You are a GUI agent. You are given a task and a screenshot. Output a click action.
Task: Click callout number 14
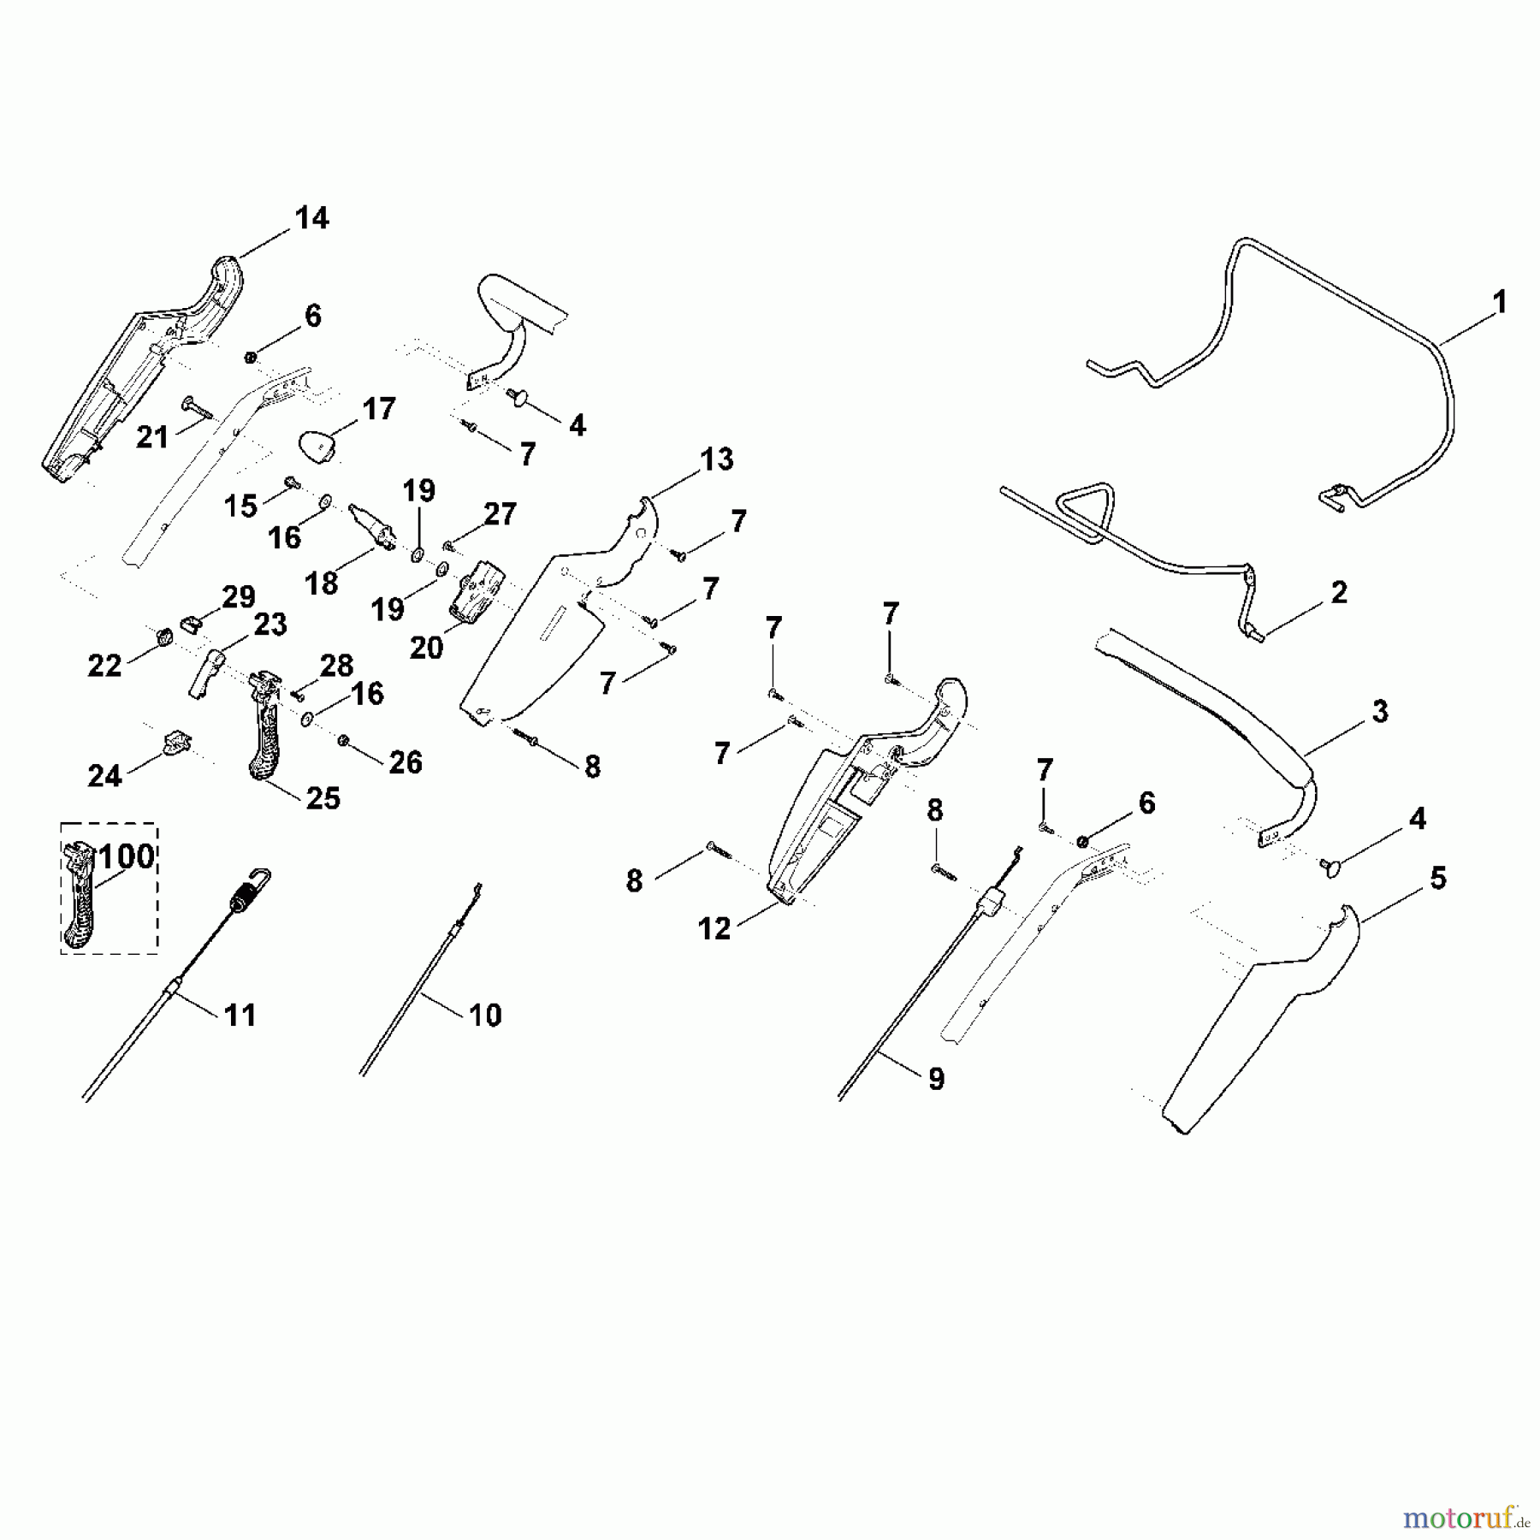pos(311,218)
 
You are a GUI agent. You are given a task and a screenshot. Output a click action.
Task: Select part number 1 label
pos(1499,302)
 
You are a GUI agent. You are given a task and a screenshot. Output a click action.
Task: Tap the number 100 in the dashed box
pos(127,856)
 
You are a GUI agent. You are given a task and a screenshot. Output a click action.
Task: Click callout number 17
pos(379,409)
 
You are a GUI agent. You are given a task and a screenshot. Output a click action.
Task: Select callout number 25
pos(323,798)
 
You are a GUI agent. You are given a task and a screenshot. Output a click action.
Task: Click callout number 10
pos(485,1016)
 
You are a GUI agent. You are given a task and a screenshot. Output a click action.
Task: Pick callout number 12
pos(715,928)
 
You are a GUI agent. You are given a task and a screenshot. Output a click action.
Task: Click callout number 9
pos(937,1079)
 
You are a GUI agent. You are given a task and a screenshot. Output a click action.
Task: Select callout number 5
pos(1438,878)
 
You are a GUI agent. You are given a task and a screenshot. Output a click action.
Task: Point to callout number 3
pos(1380,711)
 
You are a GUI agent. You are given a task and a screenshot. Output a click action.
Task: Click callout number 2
pos(1339,592)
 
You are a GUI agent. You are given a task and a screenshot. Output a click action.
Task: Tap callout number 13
pos(717,459)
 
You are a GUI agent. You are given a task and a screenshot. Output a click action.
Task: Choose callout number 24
pos(105,776)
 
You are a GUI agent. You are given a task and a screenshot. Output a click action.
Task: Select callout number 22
pos(104,666)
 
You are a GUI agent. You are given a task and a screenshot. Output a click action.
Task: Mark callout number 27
pos(500,513)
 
